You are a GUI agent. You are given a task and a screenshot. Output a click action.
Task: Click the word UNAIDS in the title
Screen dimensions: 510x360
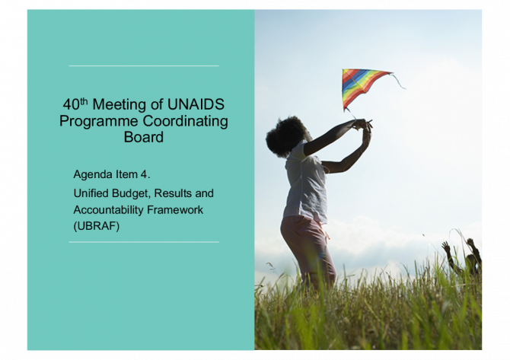click(196, 104)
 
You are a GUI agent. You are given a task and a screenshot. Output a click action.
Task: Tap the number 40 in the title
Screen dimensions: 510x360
click(72, 104)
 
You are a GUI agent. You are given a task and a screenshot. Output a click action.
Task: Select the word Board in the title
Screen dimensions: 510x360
click(143, 137)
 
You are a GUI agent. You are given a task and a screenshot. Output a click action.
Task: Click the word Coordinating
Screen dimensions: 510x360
click(186, 121)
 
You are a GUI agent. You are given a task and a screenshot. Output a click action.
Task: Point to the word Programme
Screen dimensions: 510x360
click(98, 121)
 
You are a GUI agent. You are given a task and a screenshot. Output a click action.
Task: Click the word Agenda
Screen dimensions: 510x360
click(93, 174)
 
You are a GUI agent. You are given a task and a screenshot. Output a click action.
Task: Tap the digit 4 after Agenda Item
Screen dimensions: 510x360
click(144, 174)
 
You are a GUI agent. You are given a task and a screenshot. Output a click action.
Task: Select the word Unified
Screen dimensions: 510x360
click(91, 193)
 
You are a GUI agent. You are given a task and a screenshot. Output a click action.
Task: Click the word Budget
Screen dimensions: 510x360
click(131, 193)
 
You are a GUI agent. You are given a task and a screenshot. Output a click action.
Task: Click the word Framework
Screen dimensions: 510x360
click(175, 210)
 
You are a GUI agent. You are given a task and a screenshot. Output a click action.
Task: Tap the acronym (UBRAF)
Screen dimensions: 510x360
click(97, 226)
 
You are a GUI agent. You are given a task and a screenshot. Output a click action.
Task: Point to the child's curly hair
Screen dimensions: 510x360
click(285, 136)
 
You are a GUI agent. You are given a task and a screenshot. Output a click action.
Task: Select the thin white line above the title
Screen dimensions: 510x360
click(144, 65)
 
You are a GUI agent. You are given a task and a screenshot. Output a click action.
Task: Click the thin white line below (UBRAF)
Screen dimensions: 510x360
click(144, 242)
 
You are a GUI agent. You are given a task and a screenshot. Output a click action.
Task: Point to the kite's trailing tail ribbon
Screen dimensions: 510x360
click(399, 81)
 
